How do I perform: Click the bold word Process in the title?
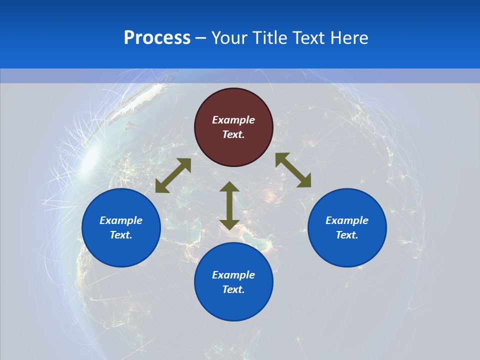pyautogui.click(x=157, y=38)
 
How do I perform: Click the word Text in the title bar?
pyautogui.click(x=311, y=38)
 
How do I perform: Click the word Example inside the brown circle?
pyautogui.click(x=233, y=120)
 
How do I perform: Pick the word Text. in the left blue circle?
pyautogui.click(x=121, y=235)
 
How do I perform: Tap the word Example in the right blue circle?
pyautogui.click(x=347, y=220)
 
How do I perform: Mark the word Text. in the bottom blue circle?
pyautogui.click(x=233, y=289)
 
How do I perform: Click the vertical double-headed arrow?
pyautogui.click(x=229, y=205)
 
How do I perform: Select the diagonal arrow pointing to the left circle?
pyautogui.click(x=173, y=175)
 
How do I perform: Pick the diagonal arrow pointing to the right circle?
pyautogui.click(x=293, y=170)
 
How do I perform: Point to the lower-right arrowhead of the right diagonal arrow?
pyautogui.click(x=305, y=182)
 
